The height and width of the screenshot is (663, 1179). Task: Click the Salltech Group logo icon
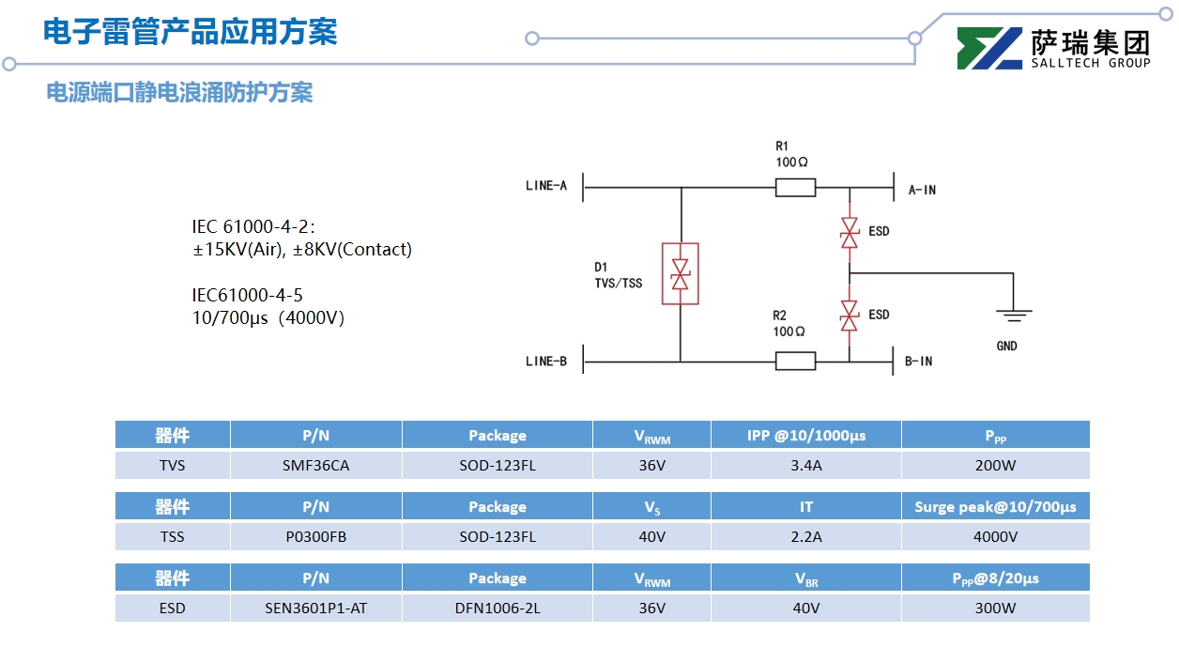[x=988, y=49]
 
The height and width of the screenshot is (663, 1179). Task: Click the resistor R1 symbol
[x=795, y=189]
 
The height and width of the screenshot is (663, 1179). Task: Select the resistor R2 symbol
[x=795, y=361]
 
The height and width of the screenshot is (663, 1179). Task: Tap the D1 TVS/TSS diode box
[x=681, y=274]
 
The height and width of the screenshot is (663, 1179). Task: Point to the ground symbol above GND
[x=1013, y=316]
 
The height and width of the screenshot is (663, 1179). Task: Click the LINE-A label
[x=546, y=186]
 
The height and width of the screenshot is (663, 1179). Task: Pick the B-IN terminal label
[x=918, y=362]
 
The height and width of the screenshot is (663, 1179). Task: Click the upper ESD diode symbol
[x=850, y=232]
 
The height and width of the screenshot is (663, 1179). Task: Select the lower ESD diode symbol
[x=850, y=316]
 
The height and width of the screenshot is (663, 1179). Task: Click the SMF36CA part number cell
[x=315, y=466]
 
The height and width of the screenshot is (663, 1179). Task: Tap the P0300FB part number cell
[x=315, y=537]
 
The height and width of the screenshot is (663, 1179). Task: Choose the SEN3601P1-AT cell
[x=315, y=609]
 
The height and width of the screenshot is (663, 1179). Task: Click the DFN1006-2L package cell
[x=498, y=609]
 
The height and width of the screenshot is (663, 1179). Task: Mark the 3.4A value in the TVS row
[x=806, y=466]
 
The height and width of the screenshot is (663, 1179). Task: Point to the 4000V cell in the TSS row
[x=995, y=537]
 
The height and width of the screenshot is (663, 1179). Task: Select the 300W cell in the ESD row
[x=995, y=609]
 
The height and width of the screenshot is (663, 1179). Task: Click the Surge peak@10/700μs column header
[x=995, y=507]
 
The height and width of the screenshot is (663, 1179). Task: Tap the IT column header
[x=806, y=507]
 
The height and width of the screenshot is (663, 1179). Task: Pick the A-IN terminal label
[x=922, y=190]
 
